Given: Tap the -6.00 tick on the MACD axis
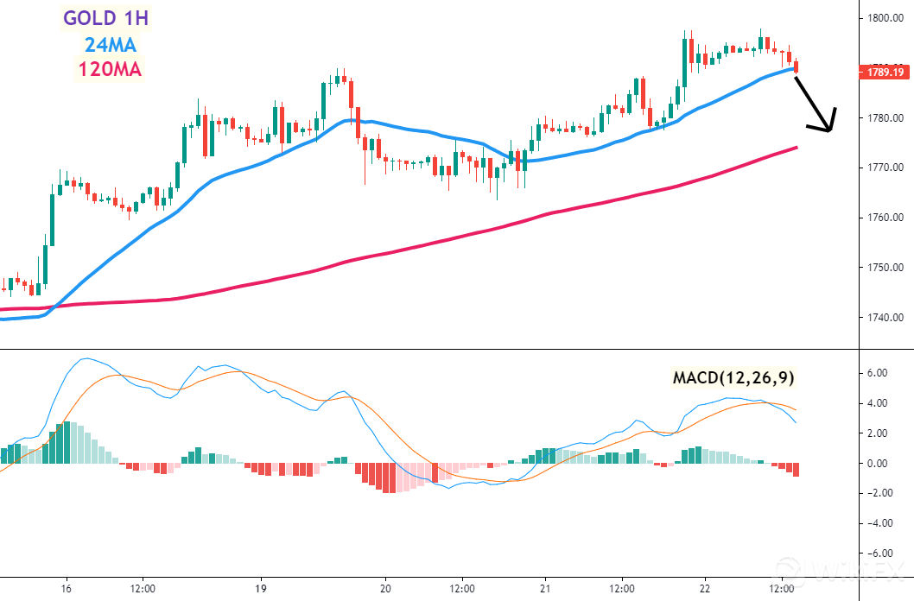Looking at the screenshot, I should click(878, 554).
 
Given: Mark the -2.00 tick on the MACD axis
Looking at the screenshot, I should click(878, 493).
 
